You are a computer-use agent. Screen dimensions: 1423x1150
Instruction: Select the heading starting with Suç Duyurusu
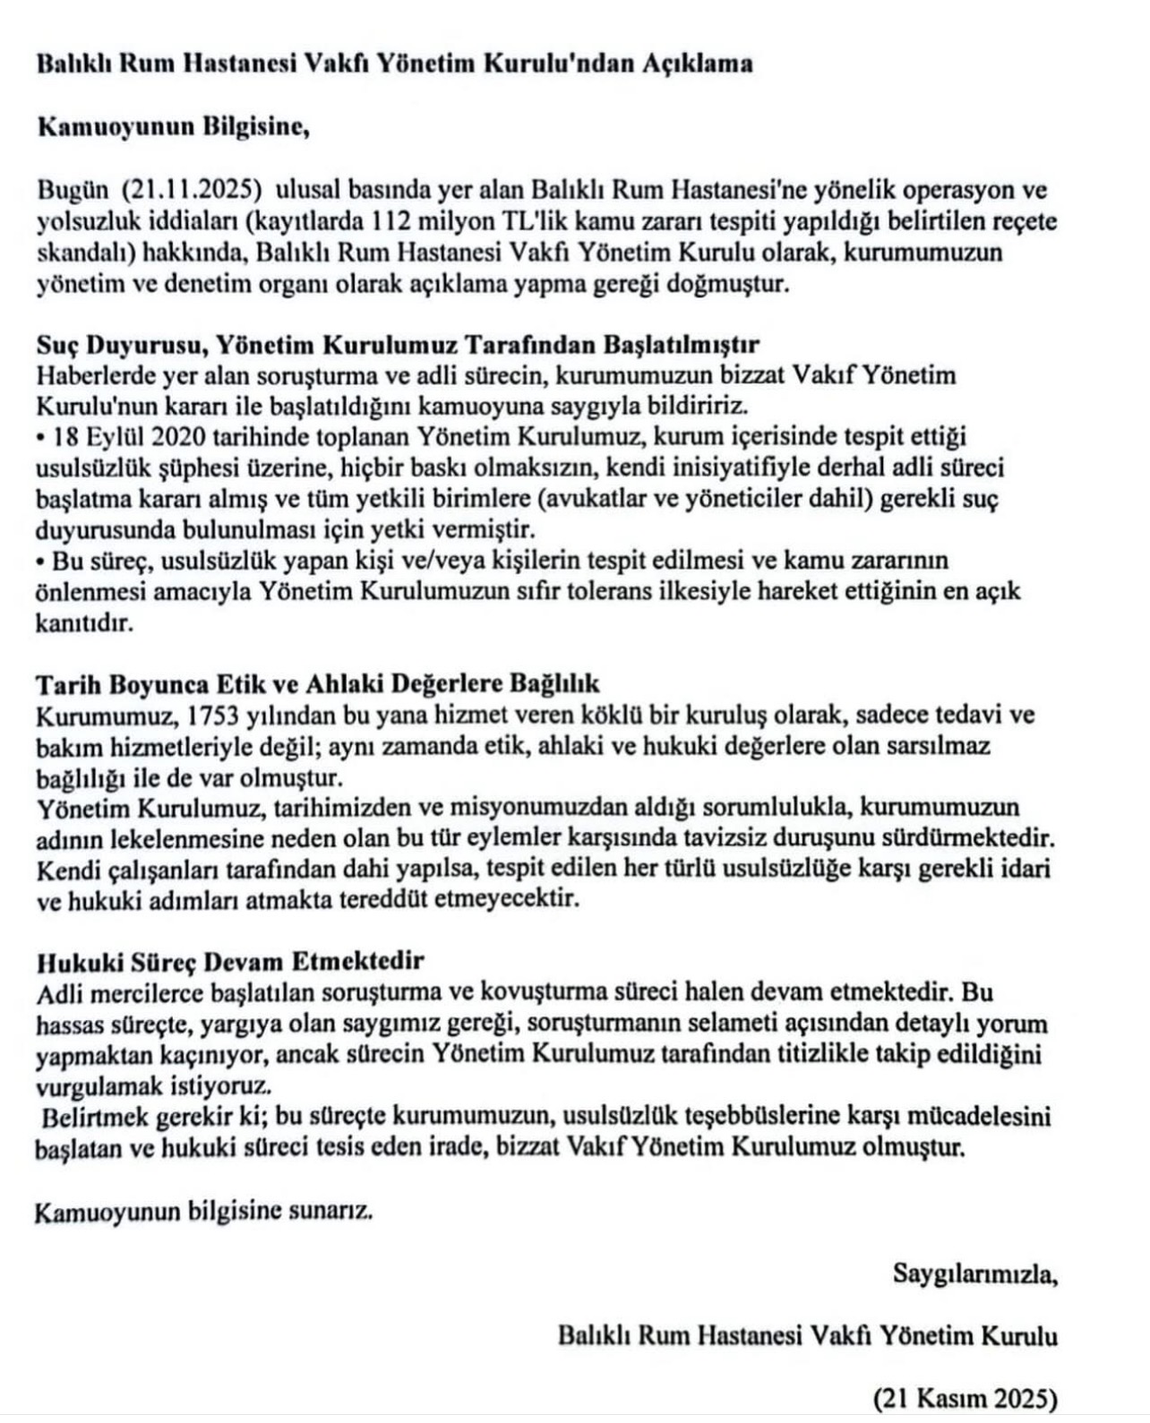coord(398,345)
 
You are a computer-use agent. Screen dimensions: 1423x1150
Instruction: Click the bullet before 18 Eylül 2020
coord(41,438)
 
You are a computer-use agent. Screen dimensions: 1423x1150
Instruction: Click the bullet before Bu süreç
coord(41,561)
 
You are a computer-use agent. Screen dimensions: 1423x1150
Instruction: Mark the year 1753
coord(193,716)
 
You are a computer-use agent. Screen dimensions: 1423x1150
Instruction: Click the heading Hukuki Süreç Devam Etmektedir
coord(230,962)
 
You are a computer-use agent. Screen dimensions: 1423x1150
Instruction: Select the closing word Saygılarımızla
coord(974,1273)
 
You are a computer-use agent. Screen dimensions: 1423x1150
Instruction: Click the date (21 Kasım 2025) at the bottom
coord(965,1397)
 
